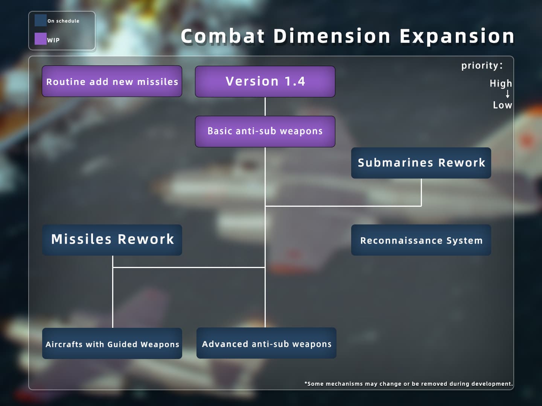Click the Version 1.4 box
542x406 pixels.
(265, 82)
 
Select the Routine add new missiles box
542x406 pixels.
(112, 81)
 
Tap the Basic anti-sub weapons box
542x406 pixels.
(265, 132)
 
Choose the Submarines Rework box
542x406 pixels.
(421, 163)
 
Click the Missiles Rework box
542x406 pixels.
(112, 240)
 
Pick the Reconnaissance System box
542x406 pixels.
(421, 240)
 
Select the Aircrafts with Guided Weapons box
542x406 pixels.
(112, 343)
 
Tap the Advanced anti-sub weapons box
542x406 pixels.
(266, 343)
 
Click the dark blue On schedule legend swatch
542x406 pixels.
(41, 20)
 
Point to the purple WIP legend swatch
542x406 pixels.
(41, 39)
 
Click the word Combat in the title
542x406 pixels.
(223, 36)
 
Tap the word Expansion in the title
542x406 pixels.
(457, 36)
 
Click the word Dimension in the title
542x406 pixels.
(332, 36)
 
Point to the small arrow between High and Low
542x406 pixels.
(507, 94)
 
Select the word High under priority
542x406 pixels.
(501, 83)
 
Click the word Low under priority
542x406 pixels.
(502, 105)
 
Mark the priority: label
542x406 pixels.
(482, 66)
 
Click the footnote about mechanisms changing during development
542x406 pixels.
(409, 384)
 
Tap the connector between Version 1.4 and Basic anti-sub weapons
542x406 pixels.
(265, 106)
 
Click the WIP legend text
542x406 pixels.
(53, 40)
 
